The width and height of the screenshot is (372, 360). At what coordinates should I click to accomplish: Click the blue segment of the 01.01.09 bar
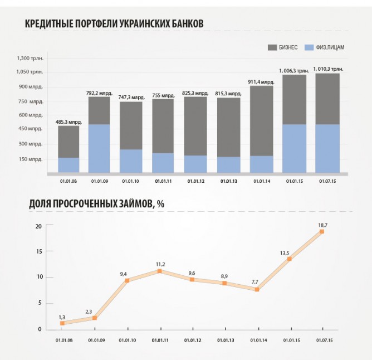click(99, 148)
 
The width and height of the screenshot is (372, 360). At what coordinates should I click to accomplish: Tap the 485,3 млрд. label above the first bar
click(68, 121)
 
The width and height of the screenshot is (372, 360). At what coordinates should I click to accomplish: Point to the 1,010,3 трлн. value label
click(327, 69)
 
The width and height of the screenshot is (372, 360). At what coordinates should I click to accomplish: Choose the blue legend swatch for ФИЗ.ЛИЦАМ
click(310, 47)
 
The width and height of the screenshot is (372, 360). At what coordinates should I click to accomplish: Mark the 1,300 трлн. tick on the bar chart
click(30, 58)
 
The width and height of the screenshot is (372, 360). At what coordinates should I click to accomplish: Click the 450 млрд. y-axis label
click(30, 129)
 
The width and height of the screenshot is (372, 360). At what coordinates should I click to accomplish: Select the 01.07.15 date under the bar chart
click(327, 181)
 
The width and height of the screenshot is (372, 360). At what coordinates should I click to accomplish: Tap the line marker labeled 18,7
click(322, 231)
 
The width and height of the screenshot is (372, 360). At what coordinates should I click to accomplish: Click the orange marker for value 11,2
click(160, 271)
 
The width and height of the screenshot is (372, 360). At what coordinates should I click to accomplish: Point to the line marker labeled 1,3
click(62, 323)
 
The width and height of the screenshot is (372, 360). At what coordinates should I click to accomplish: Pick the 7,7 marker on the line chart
click(257, 289)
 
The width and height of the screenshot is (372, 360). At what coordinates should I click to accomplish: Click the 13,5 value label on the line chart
click(285, 253)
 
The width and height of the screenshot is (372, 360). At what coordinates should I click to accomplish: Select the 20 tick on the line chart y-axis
click(38, 226)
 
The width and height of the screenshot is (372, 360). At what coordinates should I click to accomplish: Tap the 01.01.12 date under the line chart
click(192, 339)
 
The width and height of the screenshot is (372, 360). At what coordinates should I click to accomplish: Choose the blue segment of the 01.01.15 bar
click(294, 148)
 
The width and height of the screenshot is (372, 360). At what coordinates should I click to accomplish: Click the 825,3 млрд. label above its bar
click(195, 93)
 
